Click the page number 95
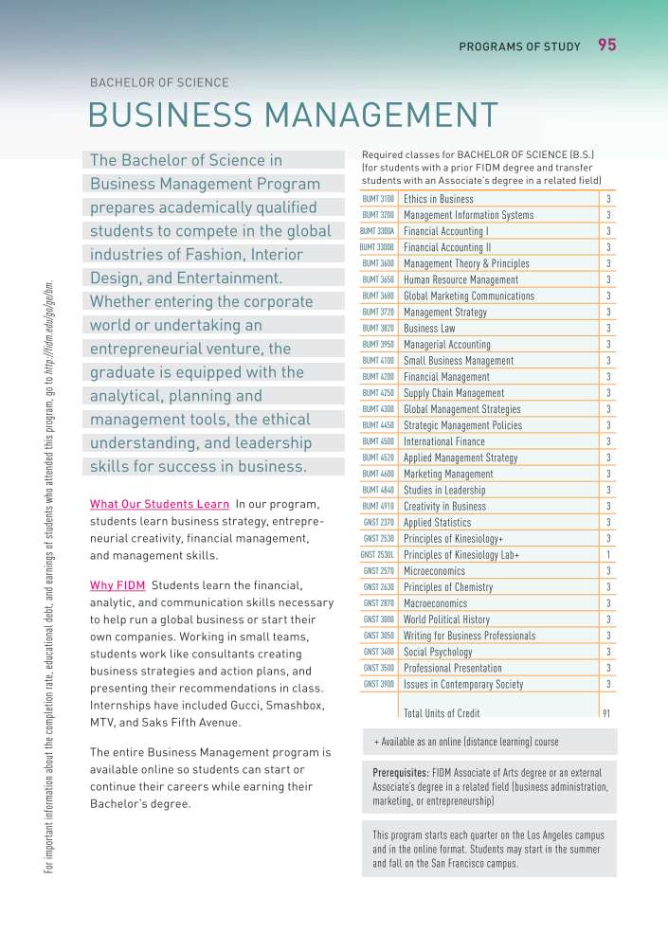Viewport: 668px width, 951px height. (x=607, y=45)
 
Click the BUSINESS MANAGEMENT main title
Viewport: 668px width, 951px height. (x=293, y=115)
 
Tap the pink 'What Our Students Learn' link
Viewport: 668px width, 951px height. (x=159, y=504)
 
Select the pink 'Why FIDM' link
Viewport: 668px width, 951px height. (x=117, y=583)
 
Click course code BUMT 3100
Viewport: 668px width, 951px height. (x=378, y=199)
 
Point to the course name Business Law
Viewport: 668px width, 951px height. (x=429, y=329)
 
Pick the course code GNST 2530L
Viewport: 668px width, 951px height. (x=376, y=555)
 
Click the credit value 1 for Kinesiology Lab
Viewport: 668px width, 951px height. (x=607, y=555)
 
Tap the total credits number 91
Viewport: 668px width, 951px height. (x=606, y=713)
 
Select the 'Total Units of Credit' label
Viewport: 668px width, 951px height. (x=442, y=713)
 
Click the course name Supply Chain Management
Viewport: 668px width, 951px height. (x=454, y=393)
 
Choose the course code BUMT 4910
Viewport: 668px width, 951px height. (x=378, y=507)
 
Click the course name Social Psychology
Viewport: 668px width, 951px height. (x=438, y=653)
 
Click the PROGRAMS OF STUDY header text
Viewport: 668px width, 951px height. (x=519, y=46)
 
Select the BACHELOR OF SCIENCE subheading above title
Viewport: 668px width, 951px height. (x=159, y=82)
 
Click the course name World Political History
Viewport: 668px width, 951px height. (x=446, y=619)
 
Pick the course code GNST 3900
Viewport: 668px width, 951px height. (x=379, y=684)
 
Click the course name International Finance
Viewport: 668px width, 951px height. (x=443, y=441)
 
